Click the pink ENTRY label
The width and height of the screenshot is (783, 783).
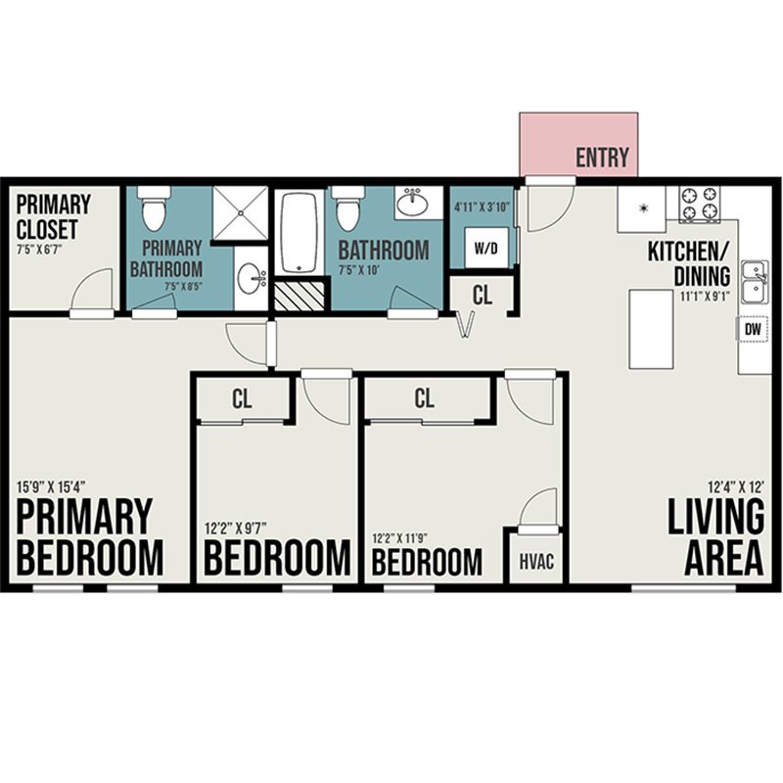click(602, 158)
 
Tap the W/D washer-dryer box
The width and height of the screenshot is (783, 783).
click(486, 249)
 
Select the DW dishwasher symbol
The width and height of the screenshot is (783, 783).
click(753, 329)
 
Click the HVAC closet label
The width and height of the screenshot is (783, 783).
click(536, 561)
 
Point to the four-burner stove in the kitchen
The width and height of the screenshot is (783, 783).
click(699, 205)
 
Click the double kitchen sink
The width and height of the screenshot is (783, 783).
click(755, 282)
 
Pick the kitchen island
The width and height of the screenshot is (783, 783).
click(651, 329)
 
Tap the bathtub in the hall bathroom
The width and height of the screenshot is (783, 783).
click(299, 233)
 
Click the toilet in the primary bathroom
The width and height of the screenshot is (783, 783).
click(154, 208)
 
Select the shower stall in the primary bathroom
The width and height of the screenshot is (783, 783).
click(240, 213)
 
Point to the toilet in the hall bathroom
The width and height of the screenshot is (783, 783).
click(348, 208)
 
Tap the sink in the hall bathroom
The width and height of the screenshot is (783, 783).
click(412, 203)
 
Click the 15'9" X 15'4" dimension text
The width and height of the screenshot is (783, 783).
click(52, 485)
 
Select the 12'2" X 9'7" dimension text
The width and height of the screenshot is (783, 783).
click(236, 528)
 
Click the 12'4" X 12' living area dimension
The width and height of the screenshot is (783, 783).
click(737, 485)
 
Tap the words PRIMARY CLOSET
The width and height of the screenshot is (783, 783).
click(54, 217)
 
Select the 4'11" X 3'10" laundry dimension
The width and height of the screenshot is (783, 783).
click(482, 207)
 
